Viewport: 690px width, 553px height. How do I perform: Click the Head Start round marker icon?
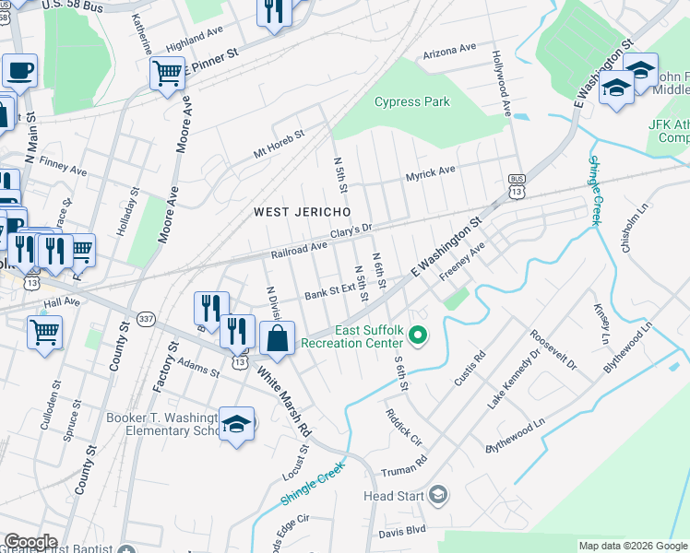coord(439,496)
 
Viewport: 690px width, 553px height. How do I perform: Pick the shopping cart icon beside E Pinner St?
coord(167,72)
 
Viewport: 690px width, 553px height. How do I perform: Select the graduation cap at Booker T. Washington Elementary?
coord(237,424)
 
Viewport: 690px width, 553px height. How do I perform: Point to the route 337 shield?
coord(145,319)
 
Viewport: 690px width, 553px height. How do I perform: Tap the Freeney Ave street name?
coord(462,263)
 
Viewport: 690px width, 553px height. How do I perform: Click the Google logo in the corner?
coord(30,542)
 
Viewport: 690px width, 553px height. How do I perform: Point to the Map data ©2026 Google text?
coord(632,546)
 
